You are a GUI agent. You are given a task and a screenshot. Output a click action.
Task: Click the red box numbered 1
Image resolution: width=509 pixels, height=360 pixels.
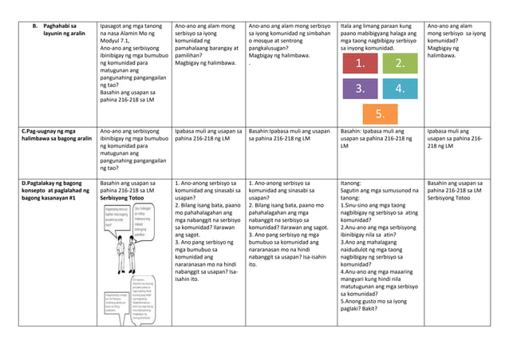coord(361,64)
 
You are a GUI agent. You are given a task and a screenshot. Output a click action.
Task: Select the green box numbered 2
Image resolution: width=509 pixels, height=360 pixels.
coord(400,64)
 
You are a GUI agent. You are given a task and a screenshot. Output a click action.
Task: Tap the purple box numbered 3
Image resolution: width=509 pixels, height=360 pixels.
coord(361,89)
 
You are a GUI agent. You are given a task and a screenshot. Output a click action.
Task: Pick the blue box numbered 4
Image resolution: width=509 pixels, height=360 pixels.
coord(400,89)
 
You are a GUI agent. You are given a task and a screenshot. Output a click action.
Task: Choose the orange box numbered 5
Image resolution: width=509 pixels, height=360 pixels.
coord(381,113)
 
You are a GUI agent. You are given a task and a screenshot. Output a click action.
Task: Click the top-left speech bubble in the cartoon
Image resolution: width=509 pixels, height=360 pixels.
coord(116,216)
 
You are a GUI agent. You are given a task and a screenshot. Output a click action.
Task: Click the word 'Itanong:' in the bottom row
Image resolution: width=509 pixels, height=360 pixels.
coord(351,184)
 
